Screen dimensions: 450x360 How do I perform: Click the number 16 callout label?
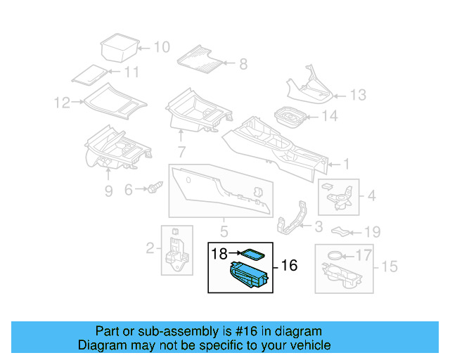pyautogui.click(x=289, y=265)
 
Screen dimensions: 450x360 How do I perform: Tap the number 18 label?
pyautogui.click(x=219, y=254)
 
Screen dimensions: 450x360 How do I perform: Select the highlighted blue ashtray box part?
pyautogui.click(x=248, y=274)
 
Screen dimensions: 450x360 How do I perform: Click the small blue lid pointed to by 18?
pyautogui.click(x=252, y=255)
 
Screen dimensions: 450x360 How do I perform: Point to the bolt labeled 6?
pyautogui.click(x=155, y=187)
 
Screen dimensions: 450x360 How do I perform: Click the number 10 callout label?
pyautogui.click(x=162, y=47)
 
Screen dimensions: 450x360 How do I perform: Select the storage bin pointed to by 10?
pyautogui.click(x=120, y=48)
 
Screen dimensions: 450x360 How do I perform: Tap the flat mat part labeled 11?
pyautogui.click(x=89, y=75)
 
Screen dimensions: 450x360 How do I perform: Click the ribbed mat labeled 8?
pyautogui.click(x=200, y=59)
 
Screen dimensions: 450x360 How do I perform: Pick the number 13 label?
pyautogui.click(x=358, y=95)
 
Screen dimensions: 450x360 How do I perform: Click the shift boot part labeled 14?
pyautogui.click(x=290, y=117)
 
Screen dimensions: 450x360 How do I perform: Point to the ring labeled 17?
pyautogui.click(x=335, y=255)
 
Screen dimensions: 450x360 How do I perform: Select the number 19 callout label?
pyautogui.click(x=372, y=232)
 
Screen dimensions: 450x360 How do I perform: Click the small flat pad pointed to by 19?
pyautogui.click(x=340, y=231)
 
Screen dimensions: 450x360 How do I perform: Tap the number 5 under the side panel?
pyautogui.click(x=224, y=231)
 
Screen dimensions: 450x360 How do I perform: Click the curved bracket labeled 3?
pyautogui.click(x=291, y=218)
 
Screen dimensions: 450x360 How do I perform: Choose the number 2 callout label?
pyautogui.click(x=150, y=248)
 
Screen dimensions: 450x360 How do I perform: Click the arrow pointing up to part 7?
pyautogui.click(x=181, y=136)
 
